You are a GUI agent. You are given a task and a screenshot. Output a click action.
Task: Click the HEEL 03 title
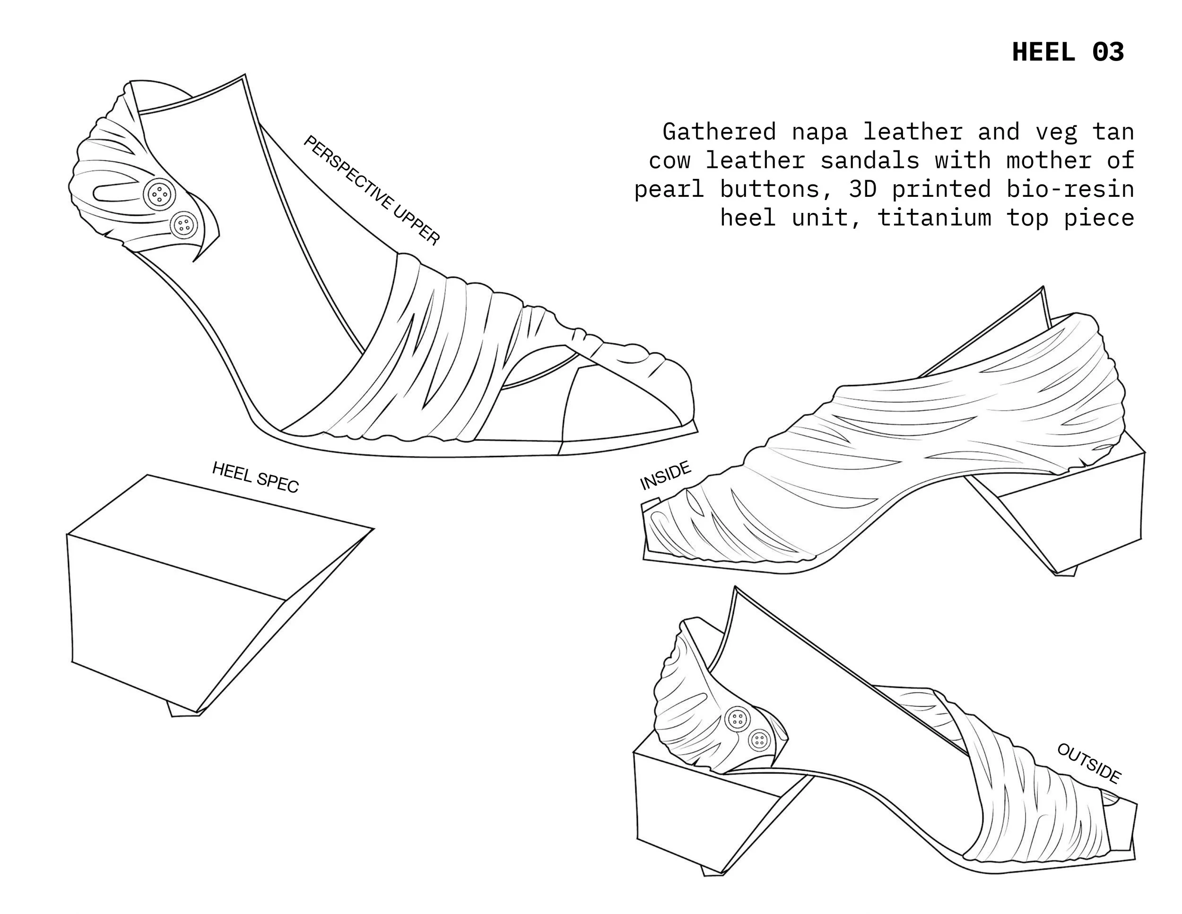tap(1068, 53)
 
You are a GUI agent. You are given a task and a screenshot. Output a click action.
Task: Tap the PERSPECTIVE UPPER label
tap(372, 191)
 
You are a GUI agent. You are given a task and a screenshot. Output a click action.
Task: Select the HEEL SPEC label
tap(255, 477)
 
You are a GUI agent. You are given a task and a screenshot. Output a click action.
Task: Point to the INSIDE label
tap(665, 475)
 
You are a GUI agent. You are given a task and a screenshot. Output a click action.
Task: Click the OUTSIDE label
tap(1088, 764)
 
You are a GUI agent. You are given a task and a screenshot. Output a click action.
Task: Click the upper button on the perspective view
tap(159, 192)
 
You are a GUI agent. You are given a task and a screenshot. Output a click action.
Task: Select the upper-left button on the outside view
tap(737, 719)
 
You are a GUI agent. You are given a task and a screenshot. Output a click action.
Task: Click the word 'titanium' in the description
tap(934, 218)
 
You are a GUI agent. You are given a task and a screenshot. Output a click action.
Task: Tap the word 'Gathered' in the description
tap(719, 132)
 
